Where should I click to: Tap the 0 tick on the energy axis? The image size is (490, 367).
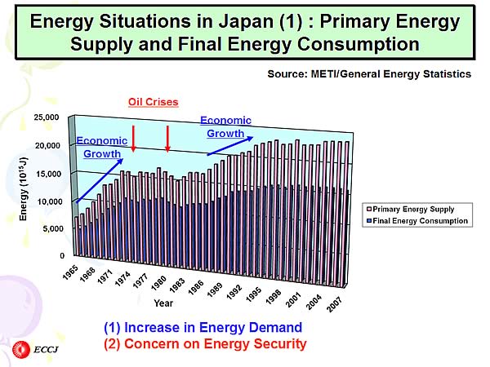60,255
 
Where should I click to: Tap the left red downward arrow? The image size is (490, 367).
134,139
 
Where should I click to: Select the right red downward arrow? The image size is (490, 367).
167,139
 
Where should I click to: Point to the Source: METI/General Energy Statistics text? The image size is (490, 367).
369,74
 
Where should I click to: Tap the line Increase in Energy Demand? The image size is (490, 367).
203,328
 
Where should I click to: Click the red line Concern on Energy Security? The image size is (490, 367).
205,343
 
